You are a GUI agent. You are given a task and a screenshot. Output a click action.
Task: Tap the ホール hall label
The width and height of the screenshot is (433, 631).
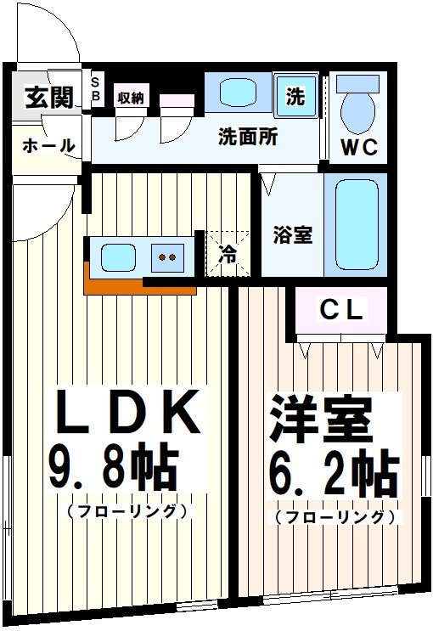pyautogui.click(x=48, y=146)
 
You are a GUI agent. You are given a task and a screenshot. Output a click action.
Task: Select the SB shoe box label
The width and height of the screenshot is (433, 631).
pyautogui.click(x=95, y=90)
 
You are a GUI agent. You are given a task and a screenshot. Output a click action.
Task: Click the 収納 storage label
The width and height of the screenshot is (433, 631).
pyautogui.click(x=130, y=97)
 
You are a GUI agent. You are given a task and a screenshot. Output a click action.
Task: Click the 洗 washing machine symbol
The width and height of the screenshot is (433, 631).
pyautogui.click(x=295, y=97)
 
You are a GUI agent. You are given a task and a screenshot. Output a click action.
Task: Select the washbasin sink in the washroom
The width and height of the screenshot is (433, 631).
pyautogui.click(x=237, y=93)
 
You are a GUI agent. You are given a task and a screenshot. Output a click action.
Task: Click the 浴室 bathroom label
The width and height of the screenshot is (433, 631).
pyautogui.click(x=292, y=234)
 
